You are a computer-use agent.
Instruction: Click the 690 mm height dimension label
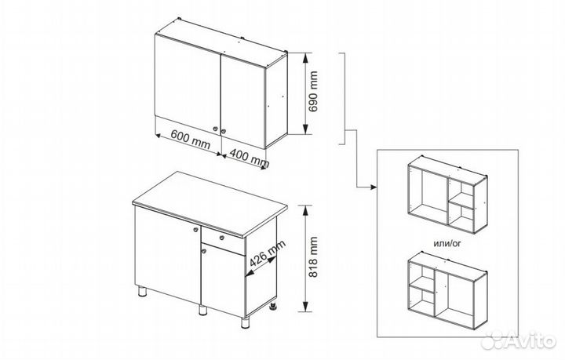313,92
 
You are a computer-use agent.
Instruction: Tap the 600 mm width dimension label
190,140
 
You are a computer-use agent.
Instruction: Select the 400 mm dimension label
250,158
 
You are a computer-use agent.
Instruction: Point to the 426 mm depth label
268,253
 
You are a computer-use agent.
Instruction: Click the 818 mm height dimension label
313,257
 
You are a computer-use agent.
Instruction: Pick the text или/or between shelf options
447,243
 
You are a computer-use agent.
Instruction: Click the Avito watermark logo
519,340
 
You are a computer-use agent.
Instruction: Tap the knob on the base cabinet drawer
221,238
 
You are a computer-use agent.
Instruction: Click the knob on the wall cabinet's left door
216,129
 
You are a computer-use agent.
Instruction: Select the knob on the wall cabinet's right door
224,132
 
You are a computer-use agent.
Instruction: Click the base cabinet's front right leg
246,322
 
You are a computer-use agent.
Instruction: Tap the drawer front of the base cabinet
224,241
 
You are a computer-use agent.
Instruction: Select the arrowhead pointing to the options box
374,187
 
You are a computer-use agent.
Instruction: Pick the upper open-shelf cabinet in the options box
448,195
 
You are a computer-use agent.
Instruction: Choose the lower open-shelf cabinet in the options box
448,290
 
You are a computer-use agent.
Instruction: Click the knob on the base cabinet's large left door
195,229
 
